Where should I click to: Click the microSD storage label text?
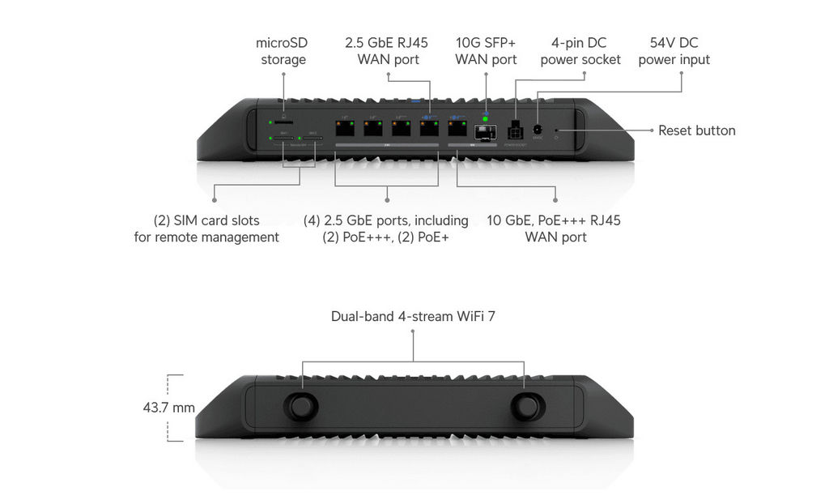tap(283, 51)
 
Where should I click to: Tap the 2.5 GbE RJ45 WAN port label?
tap(387, 51)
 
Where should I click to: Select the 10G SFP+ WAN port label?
tap(486, 51)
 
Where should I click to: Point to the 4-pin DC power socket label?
tap(580, 51)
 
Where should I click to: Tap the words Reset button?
tap(696, 130)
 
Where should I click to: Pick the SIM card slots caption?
tap(206, 229)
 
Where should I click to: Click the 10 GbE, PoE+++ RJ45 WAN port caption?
tap(555, 229)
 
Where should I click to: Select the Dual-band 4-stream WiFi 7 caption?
tap(413, 316)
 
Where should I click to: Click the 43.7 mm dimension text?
tap(168, 408)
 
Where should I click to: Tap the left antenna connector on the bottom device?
tap(302, 405)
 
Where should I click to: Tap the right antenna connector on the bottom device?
tap(526, 405)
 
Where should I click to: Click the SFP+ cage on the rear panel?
tap(484, 132)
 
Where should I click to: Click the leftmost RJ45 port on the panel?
tap(345, 129)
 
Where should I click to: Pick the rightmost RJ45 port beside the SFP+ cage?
tap(457, 129)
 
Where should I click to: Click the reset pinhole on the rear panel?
tap(558, 130)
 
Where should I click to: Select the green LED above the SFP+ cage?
tap(486, 119)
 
